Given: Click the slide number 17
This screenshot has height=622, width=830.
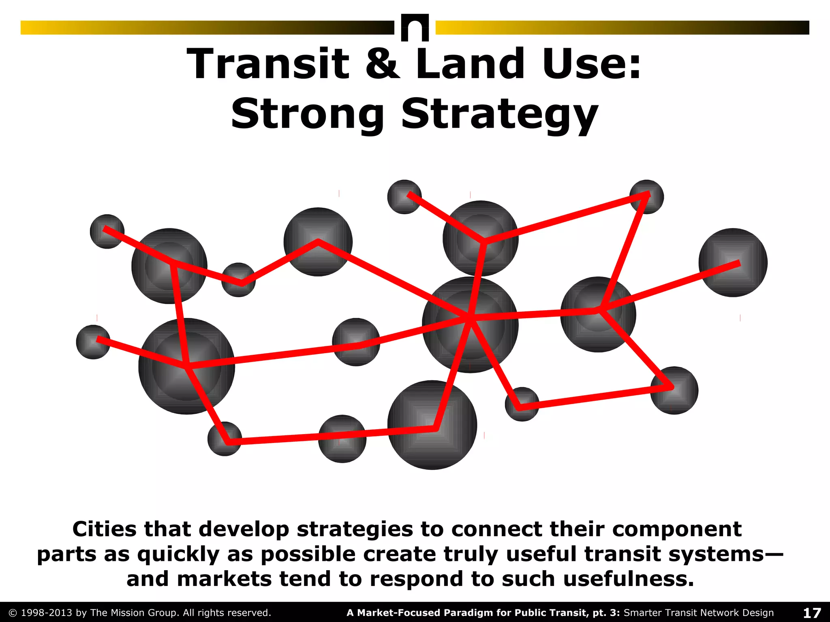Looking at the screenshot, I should point(812,613).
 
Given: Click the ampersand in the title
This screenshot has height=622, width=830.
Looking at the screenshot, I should point(382,64).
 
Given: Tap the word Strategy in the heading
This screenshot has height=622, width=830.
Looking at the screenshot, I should point(499,115).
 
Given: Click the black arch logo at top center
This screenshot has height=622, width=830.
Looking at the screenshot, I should point(415,28).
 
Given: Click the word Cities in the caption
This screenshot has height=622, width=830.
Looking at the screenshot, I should point(105,529).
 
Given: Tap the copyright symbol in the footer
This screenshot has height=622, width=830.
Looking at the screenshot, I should point(13,613).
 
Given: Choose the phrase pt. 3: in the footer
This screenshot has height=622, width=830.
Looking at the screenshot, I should point(606,613).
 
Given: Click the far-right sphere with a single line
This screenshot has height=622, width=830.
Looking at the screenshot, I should point(733,262).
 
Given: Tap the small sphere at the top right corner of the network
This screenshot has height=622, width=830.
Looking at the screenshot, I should point(647,197).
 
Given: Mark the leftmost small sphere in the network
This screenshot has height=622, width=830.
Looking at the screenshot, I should point(93,342).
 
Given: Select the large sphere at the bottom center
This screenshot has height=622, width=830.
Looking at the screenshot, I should point(432,425).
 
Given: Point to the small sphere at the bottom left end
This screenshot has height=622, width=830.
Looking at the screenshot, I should point(225,439).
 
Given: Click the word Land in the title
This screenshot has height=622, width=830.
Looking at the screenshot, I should point(470,64).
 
